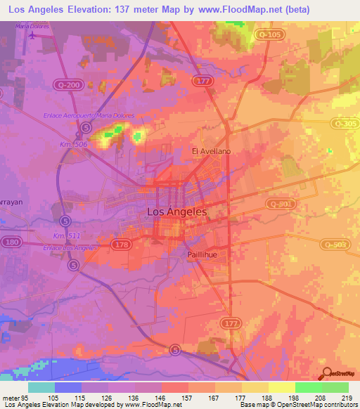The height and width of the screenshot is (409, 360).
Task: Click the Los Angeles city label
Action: click(x=177, y=211)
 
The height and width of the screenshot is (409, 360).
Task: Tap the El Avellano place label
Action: click(x=211, y=151)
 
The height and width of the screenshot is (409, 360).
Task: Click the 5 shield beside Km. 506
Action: click(x=86, y=127)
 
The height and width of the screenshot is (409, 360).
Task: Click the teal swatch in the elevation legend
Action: click(x=41, y=387)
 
